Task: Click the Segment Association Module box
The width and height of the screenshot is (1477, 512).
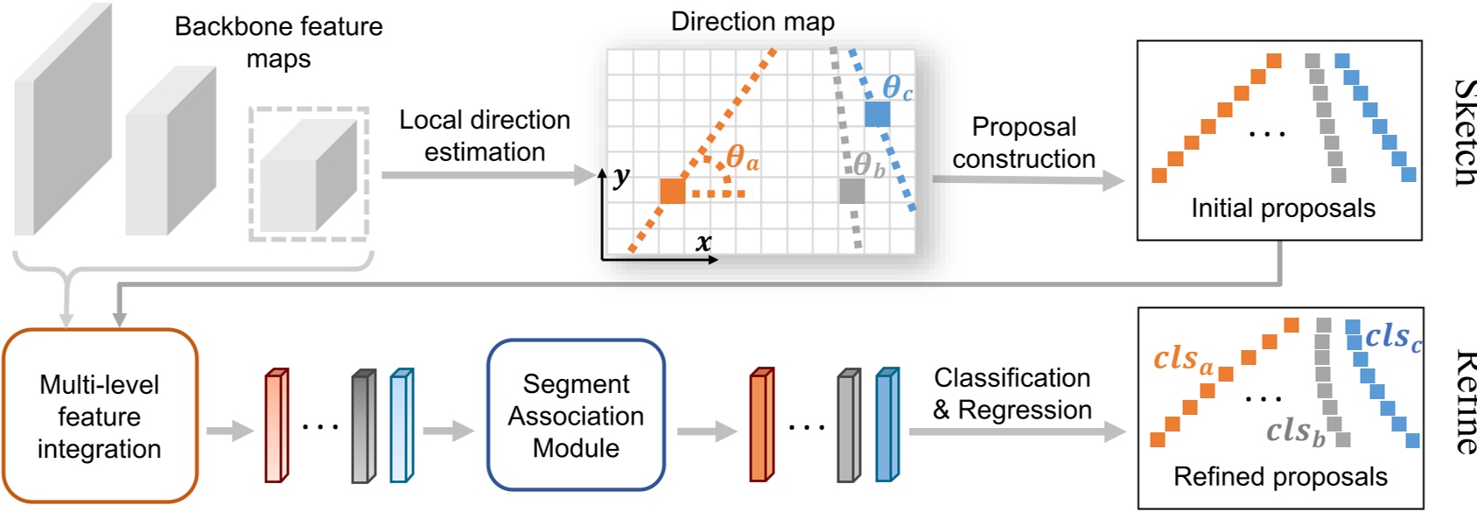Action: click(576, 415)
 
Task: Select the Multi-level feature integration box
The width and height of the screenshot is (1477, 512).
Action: click(100, 416)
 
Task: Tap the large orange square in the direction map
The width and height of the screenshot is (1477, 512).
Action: click(672, 190)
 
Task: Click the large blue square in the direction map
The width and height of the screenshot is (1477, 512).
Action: click(877, 114)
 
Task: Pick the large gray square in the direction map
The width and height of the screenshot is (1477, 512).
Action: click(851, 191)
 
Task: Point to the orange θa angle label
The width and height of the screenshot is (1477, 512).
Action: click(742, 158)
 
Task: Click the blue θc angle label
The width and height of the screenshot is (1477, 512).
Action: click(897, 88)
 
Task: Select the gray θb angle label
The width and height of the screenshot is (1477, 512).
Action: click(869, 165)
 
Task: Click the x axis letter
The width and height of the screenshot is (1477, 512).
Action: click(703, 242)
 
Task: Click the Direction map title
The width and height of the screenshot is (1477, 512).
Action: click(752, 21)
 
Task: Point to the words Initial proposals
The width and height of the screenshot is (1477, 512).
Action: click(1282, 208)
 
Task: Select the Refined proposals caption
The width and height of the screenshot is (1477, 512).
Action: click(1279, 477)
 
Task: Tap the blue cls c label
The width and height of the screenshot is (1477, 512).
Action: click(1393, 336)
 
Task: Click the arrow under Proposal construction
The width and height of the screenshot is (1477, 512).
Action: click(1027, 179)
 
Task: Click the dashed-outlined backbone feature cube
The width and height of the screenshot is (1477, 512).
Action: click(309, 174)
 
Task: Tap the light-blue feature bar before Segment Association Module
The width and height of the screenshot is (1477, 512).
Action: click(401, 425)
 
